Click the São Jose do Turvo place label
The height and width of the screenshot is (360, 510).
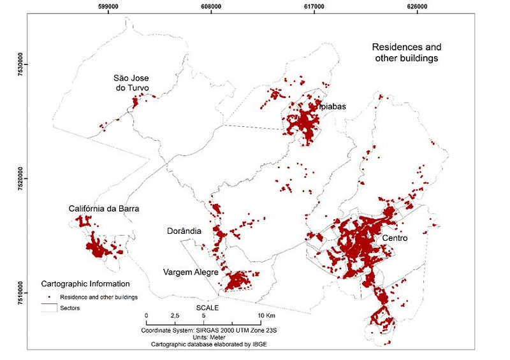tap(136, 83)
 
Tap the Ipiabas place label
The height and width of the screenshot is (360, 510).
tap(331, 106)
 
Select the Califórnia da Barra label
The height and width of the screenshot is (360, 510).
tap(103, 208)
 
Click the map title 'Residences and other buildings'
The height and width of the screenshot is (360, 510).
tap(406, 53)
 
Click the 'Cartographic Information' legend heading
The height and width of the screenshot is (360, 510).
tap(85, 284)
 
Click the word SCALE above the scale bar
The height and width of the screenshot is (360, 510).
tap(207, 307)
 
